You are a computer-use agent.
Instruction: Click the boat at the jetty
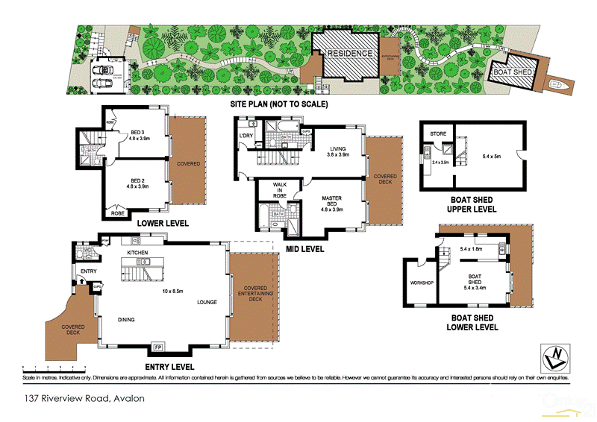pyautogui.click(x=557, y=85)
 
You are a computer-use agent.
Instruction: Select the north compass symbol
pyautogui.click(x=557, y=358)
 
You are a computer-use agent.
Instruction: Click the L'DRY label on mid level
pyautogui.click(x=247, y=135)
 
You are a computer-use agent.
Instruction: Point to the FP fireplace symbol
pyautogui.click(x=158, y=347)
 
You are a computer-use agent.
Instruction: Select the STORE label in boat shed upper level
pyautogui.click(x=438, y=134)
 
